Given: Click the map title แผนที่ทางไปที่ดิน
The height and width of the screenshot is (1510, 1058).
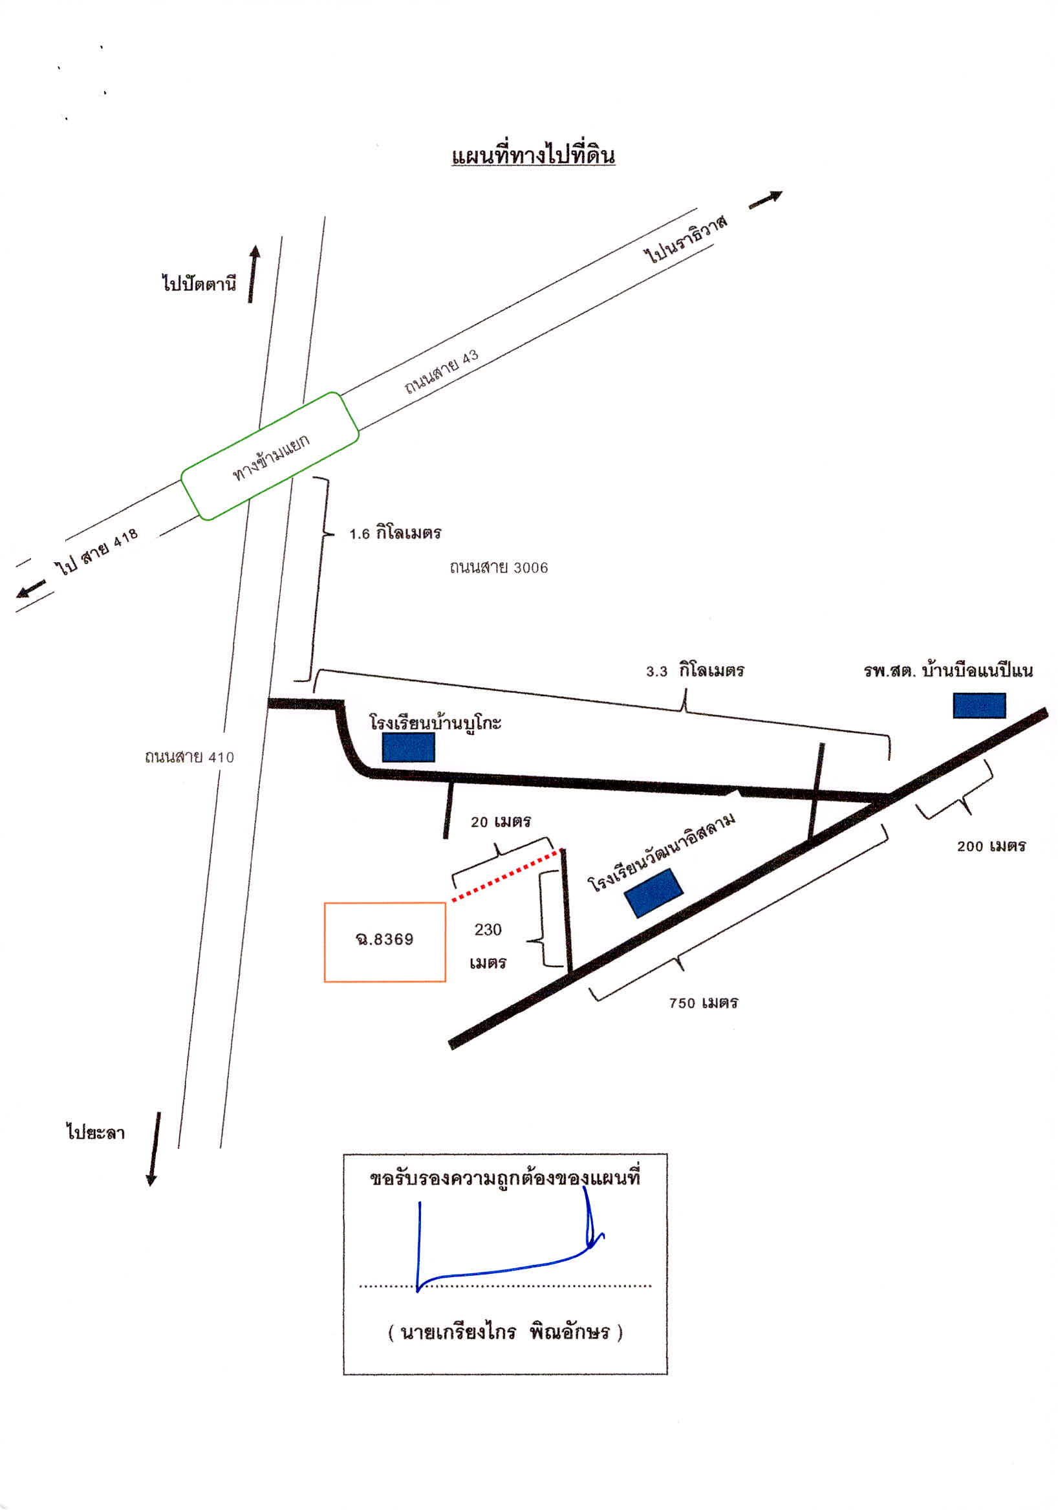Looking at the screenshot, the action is pos(534,156).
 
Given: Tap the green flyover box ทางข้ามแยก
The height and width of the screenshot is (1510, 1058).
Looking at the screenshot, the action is pos(270,456).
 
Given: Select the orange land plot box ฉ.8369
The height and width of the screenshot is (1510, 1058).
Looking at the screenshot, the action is pos(385,942).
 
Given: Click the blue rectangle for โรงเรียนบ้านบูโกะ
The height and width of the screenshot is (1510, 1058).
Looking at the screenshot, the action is pos(408,748).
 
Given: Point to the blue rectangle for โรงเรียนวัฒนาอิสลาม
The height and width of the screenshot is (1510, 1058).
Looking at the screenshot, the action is pos(654,892).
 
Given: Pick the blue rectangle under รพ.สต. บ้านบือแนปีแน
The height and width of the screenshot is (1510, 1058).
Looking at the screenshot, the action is pos(979,705).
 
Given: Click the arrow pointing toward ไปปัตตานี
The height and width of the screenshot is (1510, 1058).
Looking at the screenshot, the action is pos(253,274).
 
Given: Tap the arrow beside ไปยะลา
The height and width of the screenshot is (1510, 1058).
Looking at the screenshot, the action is pos(153,1149).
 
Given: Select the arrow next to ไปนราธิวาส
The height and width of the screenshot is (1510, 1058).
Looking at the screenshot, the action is pos(766,199).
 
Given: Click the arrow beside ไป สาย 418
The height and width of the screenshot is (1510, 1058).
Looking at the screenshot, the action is pos(31,589).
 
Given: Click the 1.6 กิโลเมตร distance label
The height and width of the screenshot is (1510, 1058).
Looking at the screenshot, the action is pos(395,532).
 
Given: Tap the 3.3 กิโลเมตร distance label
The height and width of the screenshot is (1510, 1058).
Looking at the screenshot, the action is pos(695,671).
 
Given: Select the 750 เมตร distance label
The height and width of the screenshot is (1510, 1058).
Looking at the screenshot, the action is pos(704,1003).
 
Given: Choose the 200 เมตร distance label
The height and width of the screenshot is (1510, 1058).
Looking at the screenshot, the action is pos(991,846).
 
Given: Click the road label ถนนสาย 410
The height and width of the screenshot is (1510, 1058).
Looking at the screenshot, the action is pos(189,757).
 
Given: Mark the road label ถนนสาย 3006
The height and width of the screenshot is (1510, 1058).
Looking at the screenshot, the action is pos(499,567).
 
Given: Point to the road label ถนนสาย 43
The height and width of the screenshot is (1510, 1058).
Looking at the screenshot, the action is pos(441,371).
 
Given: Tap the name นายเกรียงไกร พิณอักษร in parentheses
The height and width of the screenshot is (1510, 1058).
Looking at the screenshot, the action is pos(505,1333).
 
